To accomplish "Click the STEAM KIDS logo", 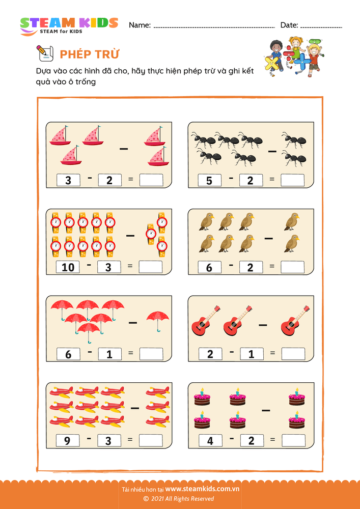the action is [69, 25].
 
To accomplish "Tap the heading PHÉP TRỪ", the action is [89, 54].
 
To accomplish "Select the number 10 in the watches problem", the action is [68, 267].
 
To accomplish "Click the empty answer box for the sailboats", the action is [151, 180].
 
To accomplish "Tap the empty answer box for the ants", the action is [292, 180].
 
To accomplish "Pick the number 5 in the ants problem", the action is [209, 181].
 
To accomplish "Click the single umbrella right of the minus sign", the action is [158, 321].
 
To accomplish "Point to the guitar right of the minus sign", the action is [295, 320].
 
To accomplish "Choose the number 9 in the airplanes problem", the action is [68, 440].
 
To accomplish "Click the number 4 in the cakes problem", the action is [210, 441].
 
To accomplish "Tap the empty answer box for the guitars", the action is [293, 354].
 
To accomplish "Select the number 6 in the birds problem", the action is [209, 267].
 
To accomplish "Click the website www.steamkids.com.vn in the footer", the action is [202, 489].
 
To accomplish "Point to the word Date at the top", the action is [288, 25].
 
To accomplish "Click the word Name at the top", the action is [139, 25].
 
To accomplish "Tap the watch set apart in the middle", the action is [151, 234].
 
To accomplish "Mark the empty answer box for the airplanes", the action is [151, 440].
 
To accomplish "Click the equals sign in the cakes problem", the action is [272, 440].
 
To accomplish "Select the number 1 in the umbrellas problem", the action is [109, 354].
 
